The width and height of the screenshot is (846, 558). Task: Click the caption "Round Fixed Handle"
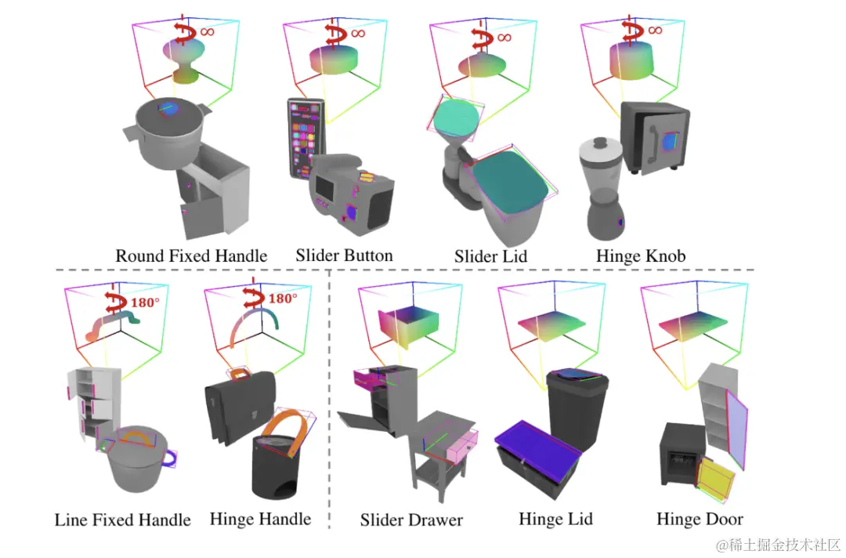[191, 256]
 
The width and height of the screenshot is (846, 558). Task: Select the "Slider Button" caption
[344, 255]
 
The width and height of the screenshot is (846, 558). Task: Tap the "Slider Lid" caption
[490, 256]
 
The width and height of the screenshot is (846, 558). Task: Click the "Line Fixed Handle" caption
[122, 520]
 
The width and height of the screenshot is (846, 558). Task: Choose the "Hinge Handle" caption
[260, 519]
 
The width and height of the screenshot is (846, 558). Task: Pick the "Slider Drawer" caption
[411, 520]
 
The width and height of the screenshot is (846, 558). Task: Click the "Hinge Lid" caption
[555, 519]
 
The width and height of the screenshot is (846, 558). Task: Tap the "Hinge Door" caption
[700, 519]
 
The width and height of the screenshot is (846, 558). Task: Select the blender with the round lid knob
[602, 188]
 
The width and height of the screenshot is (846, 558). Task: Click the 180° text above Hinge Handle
[284, 299]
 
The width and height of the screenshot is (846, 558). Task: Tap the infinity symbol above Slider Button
[358, 33]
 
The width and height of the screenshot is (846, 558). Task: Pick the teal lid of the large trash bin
[510, 181]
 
